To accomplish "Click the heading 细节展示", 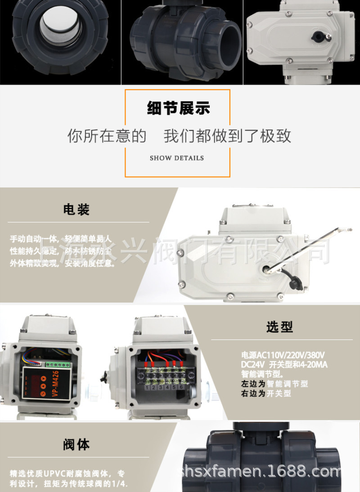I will click(178, 108).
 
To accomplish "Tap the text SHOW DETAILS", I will click(177, 158).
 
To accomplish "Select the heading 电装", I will click(76, 210).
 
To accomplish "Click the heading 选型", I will click(279, 327).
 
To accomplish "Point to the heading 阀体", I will click(76, 445).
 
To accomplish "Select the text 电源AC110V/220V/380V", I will click(283, 354).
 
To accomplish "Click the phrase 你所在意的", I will click(107, 135).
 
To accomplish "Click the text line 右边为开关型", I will click(266, 394).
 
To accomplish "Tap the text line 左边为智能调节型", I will click(274, 384).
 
